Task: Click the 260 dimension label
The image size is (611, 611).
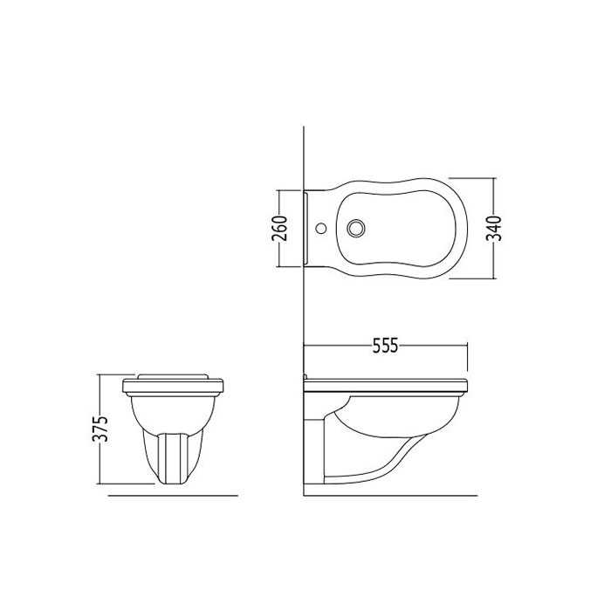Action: [x=281, y=229]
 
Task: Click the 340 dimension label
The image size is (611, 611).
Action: [x=495, y=229]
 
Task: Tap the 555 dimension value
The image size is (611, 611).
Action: [x=386, y=346]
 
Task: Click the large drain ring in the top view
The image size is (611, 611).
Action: [x=356, y=228]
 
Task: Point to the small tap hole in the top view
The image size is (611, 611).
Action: [x=321, y=228]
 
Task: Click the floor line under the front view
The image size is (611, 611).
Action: [x=173, y=496]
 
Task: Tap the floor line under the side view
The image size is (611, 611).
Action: [x=390, y=496]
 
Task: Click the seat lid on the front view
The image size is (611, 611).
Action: [x=173, y=376]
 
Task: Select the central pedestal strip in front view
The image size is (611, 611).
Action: [x=173, y=458]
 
